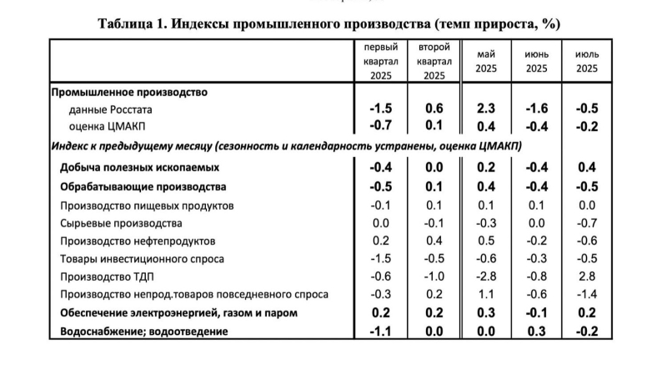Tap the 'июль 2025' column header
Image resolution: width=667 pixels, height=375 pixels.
[587, 61]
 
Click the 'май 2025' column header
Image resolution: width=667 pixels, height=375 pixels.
[486, 61]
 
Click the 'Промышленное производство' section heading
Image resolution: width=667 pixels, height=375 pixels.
[129, 92]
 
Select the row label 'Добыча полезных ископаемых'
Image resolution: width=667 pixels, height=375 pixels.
[138, 166]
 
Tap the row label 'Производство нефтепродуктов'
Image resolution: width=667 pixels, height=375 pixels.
[138, 241]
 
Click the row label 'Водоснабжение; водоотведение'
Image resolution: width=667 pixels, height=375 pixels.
[139, 332]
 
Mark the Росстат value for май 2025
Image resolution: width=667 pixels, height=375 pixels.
[486, 109]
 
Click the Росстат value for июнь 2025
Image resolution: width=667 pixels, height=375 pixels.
[537, 109]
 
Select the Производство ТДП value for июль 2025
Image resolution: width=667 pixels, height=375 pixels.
[587, 276]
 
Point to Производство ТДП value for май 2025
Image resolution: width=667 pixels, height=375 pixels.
[486, 276]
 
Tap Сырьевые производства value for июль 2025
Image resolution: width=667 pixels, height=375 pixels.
[587, 223]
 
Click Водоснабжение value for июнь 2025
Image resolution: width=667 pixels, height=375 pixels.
[537, 332]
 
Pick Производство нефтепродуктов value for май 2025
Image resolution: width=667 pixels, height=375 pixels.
[486, 241]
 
